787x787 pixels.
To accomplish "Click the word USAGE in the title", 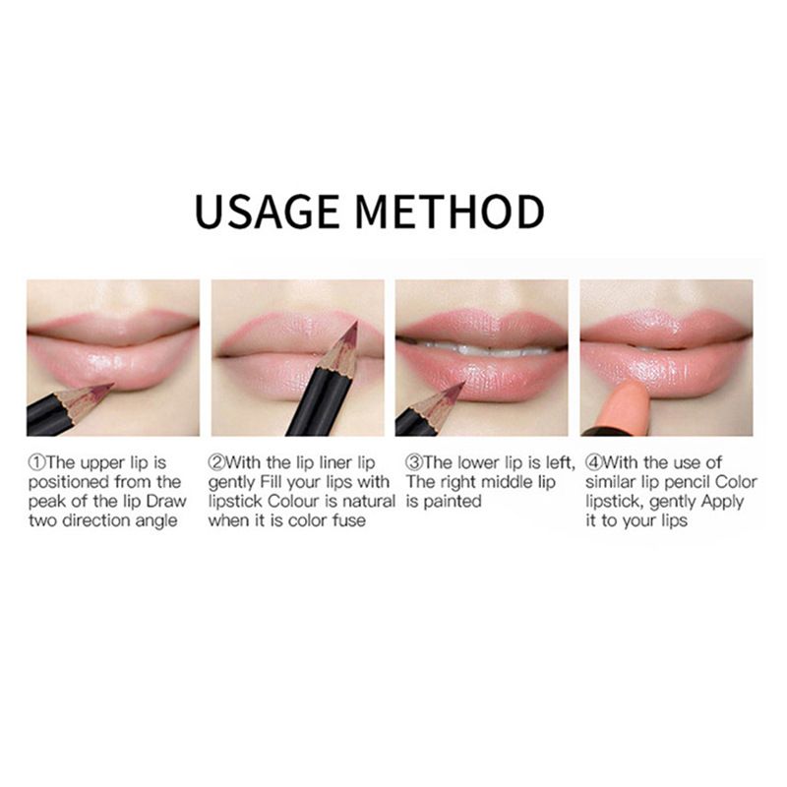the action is (267, 212).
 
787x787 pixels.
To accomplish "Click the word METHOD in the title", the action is (450, 212).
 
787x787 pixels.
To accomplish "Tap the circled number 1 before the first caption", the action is (37, 461).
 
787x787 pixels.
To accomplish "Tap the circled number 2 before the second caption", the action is (216, 461).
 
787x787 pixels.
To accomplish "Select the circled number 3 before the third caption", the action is (414, 461).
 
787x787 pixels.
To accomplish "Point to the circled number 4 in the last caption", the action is (594, 461).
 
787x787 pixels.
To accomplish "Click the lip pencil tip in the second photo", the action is (355, 324).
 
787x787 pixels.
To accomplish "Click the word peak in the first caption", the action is (46, 502).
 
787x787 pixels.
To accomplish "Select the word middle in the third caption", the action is (503, 482).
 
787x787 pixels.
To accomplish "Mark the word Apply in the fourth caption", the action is (722, 502).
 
